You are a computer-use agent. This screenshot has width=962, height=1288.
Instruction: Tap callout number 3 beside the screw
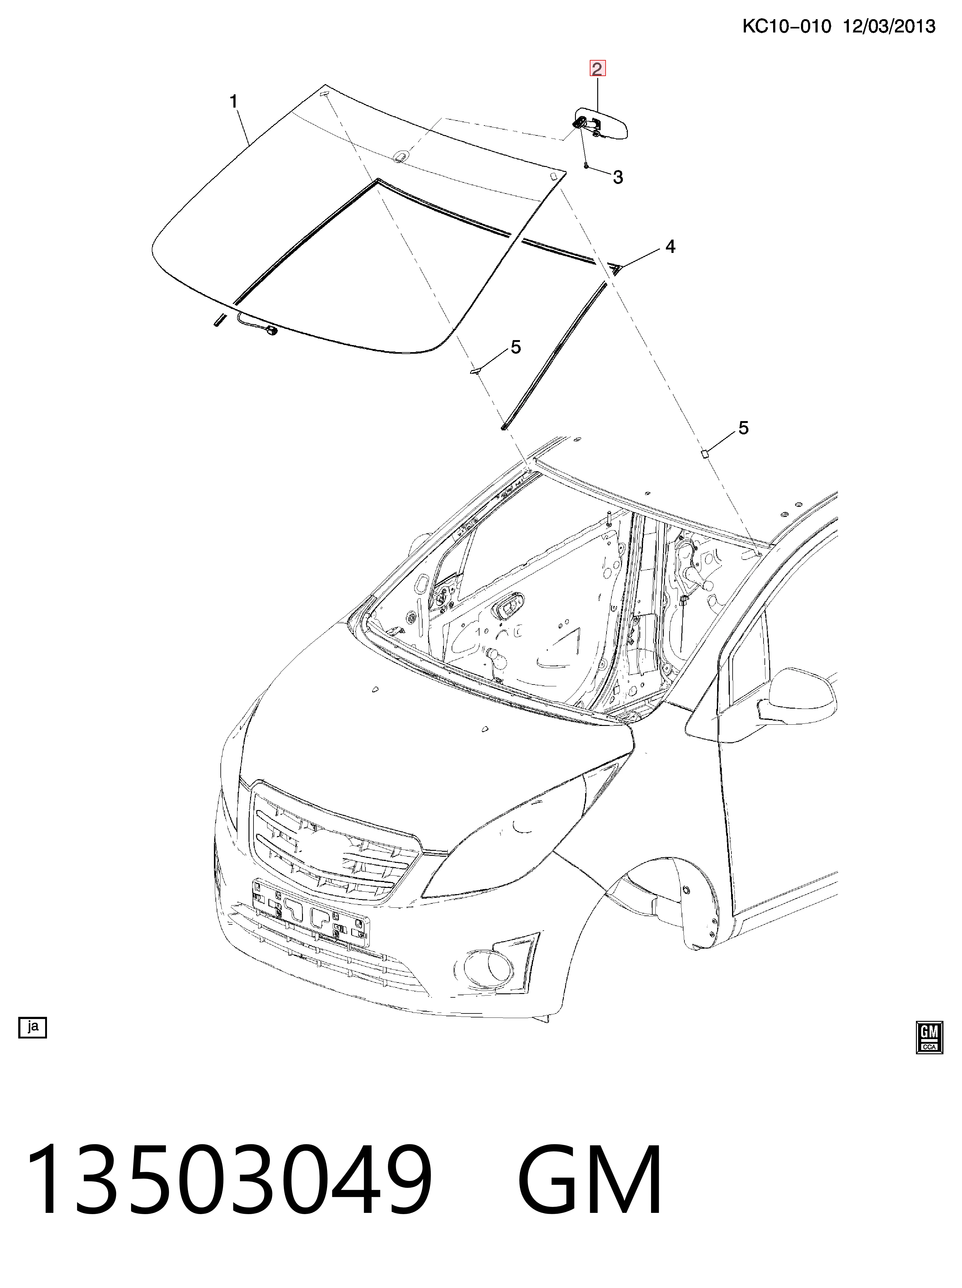(x=618, y=177)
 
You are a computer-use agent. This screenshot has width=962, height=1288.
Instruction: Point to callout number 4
(x=670, y=247)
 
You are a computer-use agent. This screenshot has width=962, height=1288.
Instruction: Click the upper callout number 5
(x=515, y=348)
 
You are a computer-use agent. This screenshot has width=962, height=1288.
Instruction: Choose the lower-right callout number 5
(x=743, y=428)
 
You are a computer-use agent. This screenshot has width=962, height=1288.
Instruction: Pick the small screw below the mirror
(x=586, y=165)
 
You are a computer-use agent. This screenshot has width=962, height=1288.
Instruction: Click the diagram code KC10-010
(x=787, y=26)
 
